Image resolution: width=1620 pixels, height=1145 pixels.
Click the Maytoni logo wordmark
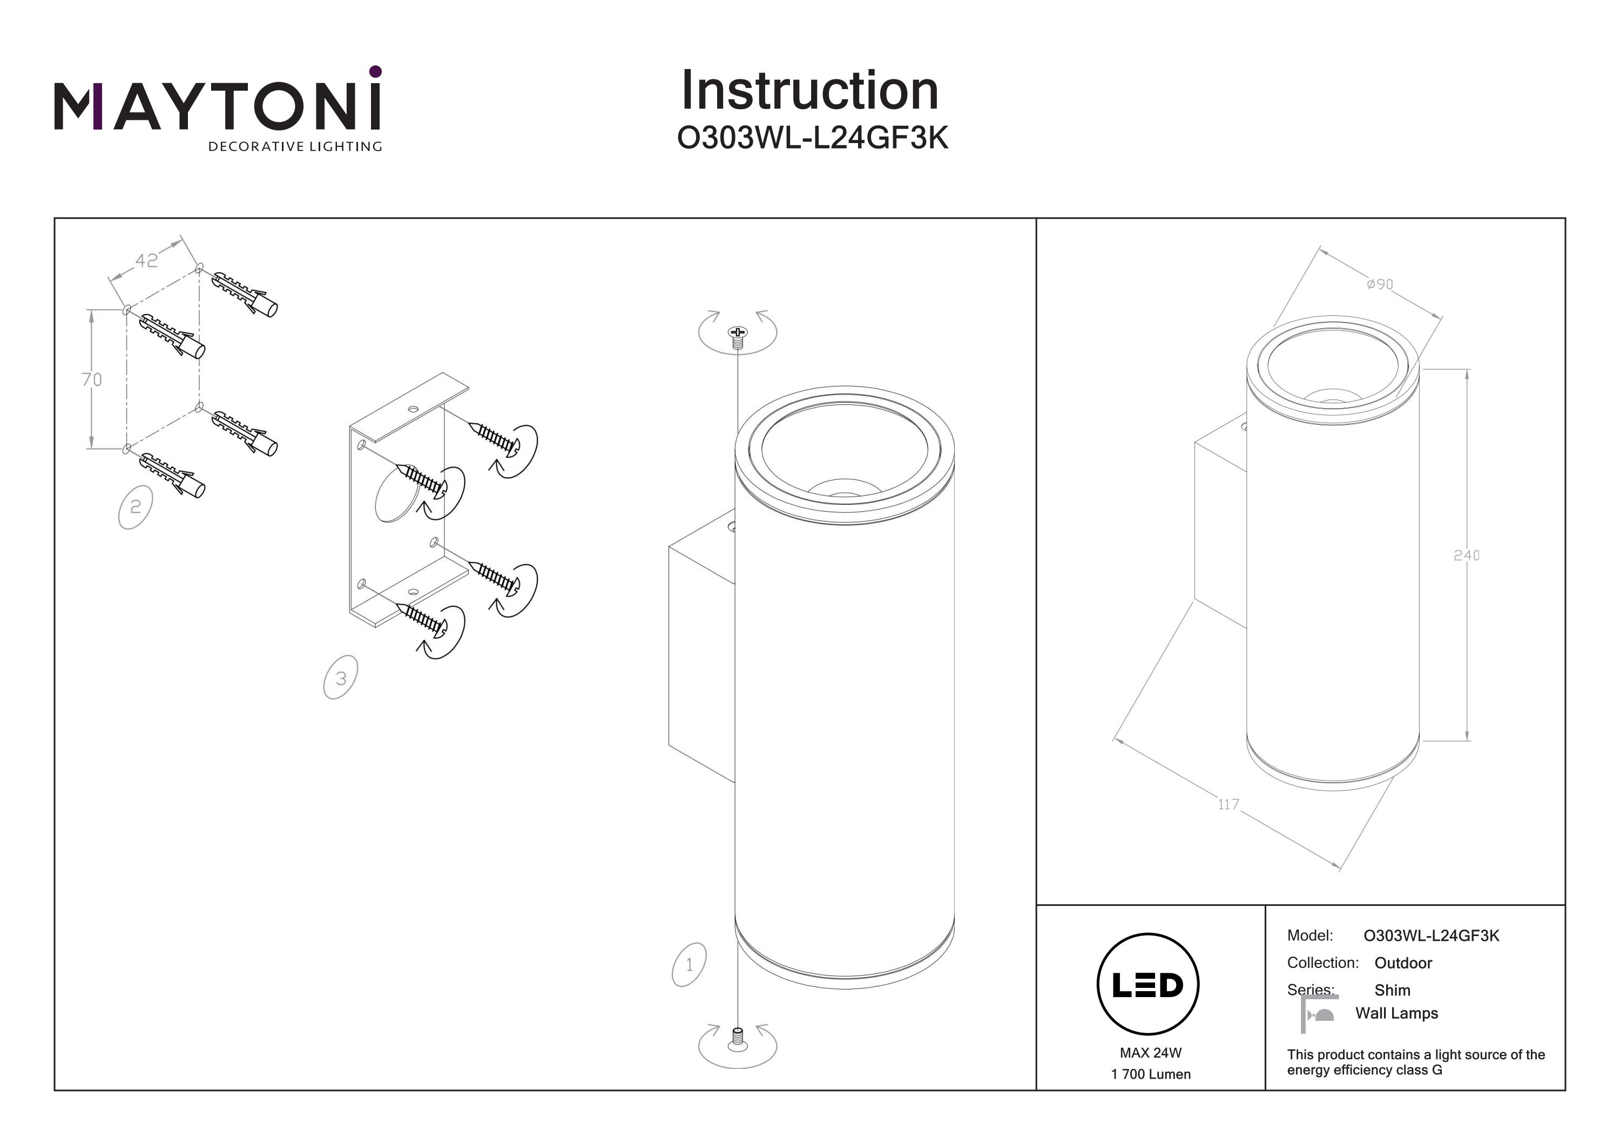(217, 105)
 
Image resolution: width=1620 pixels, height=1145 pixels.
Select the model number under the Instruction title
(812, 138)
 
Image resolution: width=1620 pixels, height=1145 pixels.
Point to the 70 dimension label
(92, 380)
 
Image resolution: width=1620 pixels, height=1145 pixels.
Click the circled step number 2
(136, 506)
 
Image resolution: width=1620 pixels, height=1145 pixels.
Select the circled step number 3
(341, 678)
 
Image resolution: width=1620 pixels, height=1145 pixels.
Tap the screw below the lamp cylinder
(737, 1038)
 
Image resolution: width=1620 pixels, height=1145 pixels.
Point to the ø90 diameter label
(1379, 284)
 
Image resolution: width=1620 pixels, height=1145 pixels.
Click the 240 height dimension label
(1466, 555)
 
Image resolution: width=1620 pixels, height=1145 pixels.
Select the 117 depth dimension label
(1228, 804)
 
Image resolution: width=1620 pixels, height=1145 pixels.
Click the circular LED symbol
(1148, 985)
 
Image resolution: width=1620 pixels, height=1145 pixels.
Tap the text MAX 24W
(1150, 1053)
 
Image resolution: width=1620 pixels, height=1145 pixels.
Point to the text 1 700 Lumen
(1150, 1074)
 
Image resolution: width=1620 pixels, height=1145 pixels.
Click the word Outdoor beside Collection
(1403, 963)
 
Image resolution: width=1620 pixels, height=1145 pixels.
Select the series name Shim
(1392, 990)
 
